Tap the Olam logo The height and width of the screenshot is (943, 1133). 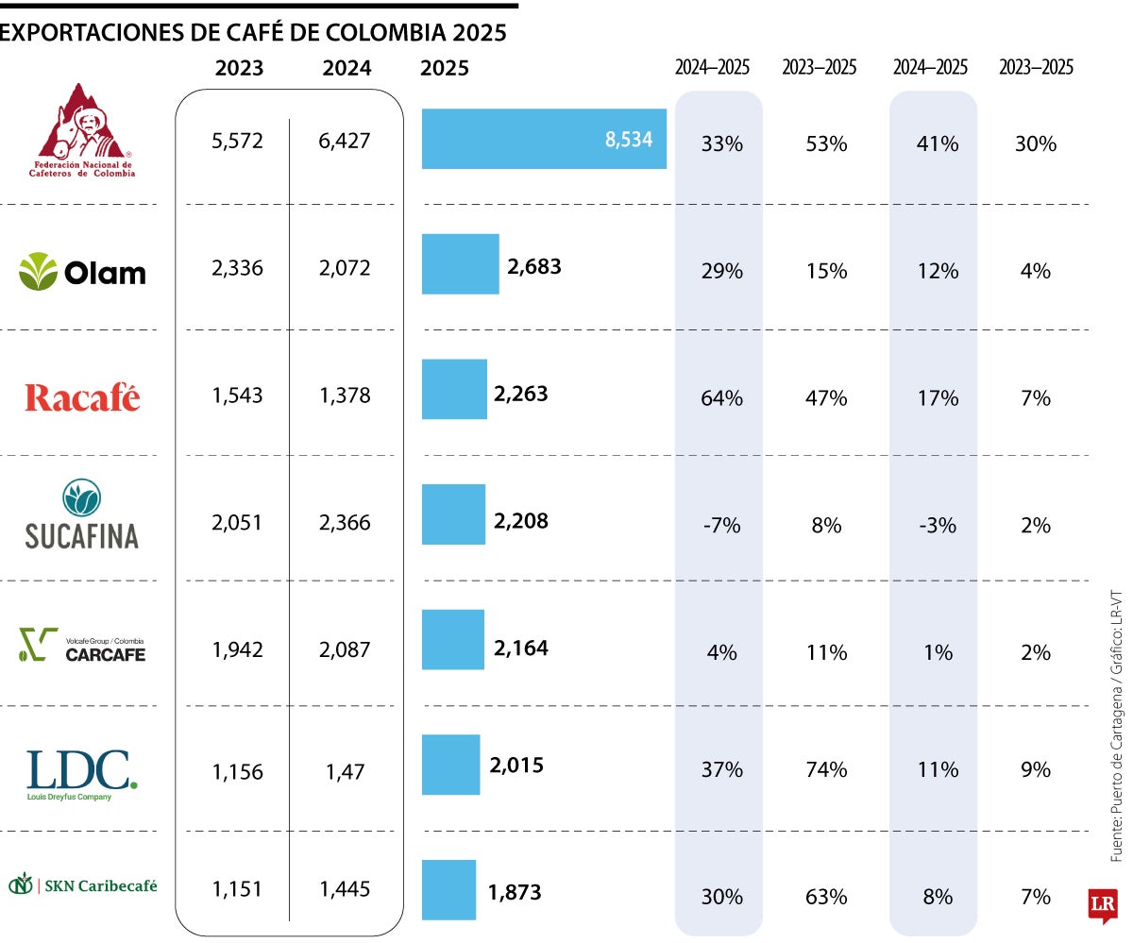pyautogui.click(x=83, y=272)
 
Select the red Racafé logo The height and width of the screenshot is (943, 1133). pyautogui.click(x=82, y=397)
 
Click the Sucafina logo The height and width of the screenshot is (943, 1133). pyautogui.click(x=82, y=516)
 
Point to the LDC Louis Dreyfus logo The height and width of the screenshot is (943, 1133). pyautogui.click(x=82, y=774)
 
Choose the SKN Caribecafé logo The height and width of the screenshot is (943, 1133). pyautogui.click(x=82, y=885)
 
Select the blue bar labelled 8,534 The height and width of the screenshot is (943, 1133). pyautogui.click(x=543, y=140)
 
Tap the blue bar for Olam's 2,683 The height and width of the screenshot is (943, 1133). pyautogui.click(x=460, y=264)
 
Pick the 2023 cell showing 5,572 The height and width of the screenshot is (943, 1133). pyautogui.click(x=237, y=141)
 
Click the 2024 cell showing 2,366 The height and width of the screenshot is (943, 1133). pyautogui.click(x=345, y=522)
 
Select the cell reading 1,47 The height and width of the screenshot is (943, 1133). pyautogui.click(x=345, y=772)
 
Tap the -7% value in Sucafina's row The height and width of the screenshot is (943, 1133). pyautogui.click(x=721, y=525)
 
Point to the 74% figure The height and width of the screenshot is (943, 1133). pyautogui.click(x=825, y=769)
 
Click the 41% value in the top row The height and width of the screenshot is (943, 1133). pyautogui.click(x=937, y=143)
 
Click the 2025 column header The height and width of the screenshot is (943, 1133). pyautogui.click(x=444, y=68)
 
